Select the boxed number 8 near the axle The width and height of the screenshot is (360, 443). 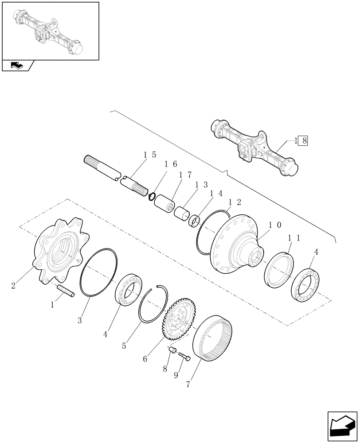(x=304, y=141)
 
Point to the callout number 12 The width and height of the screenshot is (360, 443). (x=235, y=202)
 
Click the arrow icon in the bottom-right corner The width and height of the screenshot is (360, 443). (x=342, y=427)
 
